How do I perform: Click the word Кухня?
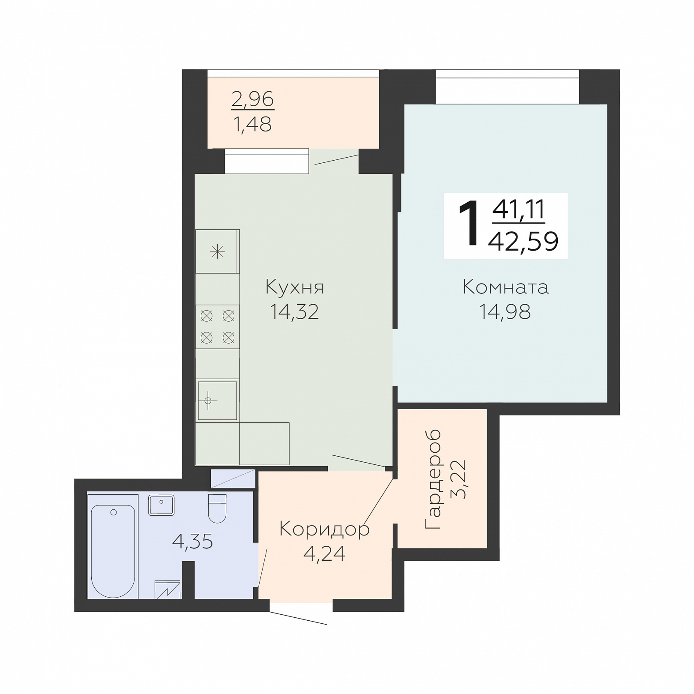(x=295, y=287)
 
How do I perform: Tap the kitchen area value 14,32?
(x=295, y=312)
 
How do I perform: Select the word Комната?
(x=506, y=287)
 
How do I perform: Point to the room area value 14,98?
(x=505, y=312)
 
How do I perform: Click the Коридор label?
(x=324, y=529)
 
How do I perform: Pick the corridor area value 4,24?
(x=324, y=554)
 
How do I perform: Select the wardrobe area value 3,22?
(x=459, y=479)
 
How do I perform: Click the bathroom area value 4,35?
(x=192, y=542)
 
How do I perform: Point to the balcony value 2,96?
(x=252, y=99)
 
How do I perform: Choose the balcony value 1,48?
(x=252, y=125)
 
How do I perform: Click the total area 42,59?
(x=523, y=242)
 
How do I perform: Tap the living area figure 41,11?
(x=518, y=209)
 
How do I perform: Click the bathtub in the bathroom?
(x=113, y=551)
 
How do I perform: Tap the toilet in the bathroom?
(x=217, y=509)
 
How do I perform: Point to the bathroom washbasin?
(x=161, y=505)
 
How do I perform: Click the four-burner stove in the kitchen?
(x=218, y=327)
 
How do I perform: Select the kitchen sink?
(x=218, y=401)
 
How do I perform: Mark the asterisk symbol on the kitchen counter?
(x=218, y=251)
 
